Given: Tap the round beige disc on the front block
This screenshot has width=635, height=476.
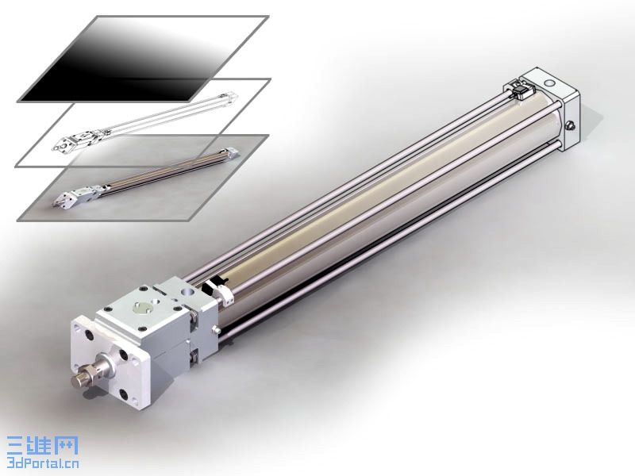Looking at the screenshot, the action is coord(140,309).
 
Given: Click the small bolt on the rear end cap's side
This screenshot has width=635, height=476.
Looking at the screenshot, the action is coord(571,125).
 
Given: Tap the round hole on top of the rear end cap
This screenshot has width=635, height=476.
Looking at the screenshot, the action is coord(549,83).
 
